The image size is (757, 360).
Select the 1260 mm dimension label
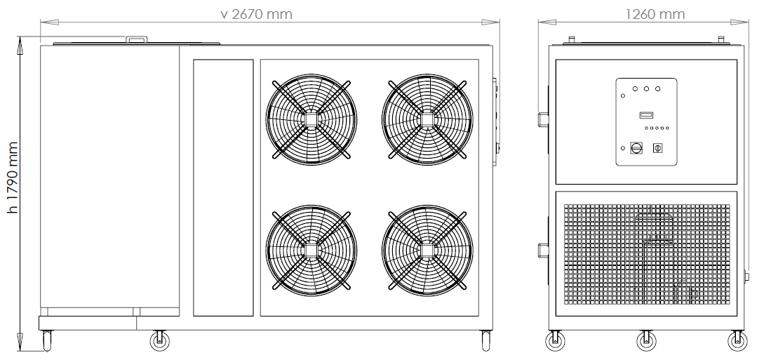pos(655,14)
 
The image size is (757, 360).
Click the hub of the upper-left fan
pos(311,119)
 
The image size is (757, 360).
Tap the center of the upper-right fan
pos(427,119)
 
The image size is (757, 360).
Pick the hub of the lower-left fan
pos(311,251)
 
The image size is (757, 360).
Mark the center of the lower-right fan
pos(427,251)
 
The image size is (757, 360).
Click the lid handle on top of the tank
pos(137,39)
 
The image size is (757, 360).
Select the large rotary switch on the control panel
pos(636,148)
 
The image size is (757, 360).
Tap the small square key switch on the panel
pos(657,148)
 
